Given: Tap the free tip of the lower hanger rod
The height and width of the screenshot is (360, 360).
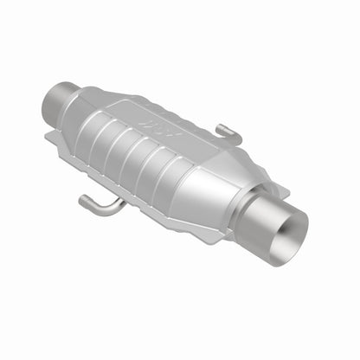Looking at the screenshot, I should pos(81,202).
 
